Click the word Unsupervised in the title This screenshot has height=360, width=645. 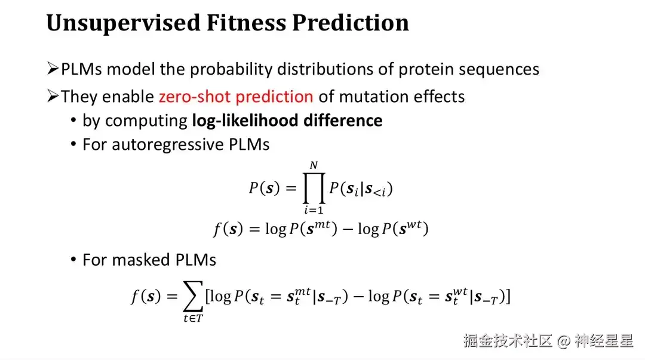123,23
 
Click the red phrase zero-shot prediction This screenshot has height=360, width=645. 236,97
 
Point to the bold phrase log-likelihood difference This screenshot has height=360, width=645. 287,121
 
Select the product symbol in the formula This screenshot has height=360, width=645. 314,188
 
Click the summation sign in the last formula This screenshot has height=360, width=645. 193,296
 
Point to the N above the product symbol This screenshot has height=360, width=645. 314,165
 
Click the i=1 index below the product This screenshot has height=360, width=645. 314,210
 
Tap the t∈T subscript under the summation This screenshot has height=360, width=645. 193,318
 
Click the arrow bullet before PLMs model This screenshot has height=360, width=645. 53,68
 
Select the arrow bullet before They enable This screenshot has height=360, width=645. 53,96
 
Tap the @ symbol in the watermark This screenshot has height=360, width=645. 564,341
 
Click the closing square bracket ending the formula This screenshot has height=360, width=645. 508,296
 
